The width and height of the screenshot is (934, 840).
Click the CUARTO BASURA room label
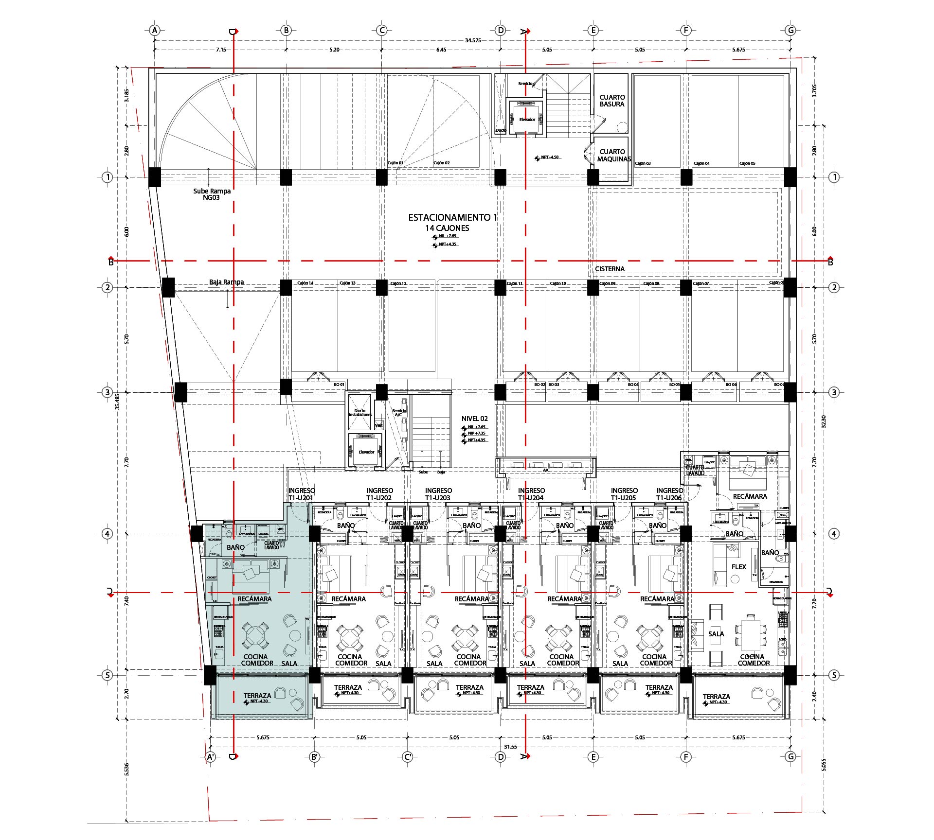612,101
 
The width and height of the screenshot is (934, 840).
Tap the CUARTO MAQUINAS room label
613,156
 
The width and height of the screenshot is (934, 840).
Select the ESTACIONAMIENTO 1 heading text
452,217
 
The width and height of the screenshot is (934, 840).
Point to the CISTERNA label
610,269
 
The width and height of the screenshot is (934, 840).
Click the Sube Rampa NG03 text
212,194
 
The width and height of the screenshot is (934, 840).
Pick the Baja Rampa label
226,282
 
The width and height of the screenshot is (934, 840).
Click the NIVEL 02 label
474,419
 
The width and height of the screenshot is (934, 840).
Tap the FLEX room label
738,567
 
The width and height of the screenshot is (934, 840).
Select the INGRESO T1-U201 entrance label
302,494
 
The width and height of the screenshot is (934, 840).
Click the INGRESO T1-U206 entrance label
669,494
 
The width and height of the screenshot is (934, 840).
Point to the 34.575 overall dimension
472,40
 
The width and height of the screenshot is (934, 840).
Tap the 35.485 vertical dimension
117,402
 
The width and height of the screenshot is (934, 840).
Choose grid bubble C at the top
382,30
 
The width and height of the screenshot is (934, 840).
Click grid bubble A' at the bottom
211,757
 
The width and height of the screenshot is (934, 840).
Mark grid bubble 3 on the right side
834,392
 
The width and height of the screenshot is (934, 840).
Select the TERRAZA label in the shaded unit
257,696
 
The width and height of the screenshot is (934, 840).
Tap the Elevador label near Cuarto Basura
527,120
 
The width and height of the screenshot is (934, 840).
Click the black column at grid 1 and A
154,177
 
